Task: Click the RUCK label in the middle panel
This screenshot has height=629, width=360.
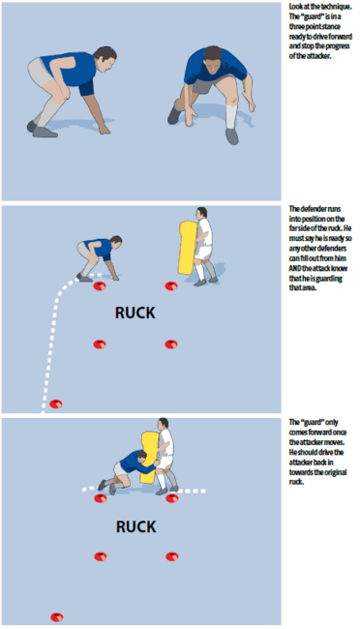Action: (x=135, y=314)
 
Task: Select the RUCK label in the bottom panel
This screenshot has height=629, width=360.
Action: (x=135, y=526)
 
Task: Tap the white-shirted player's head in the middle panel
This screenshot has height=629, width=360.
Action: (x=200, y=214)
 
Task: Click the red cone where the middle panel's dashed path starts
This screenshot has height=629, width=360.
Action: (x=56, y=403)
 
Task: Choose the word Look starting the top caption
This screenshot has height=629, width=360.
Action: (x=296, y=6)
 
